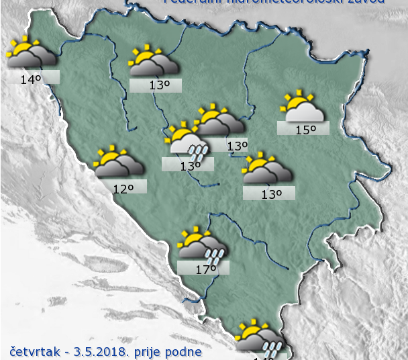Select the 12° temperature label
point(122,189)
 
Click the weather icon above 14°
point(31,52)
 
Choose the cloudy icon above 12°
point(119,163)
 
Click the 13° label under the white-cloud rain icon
point(190,166)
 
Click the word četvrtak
point(34,351)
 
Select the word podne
point(184,351)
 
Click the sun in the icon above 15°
point(294,101)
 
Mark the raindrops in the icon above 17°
point(215,255)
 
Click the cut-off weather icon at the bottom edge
point(260,342)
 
